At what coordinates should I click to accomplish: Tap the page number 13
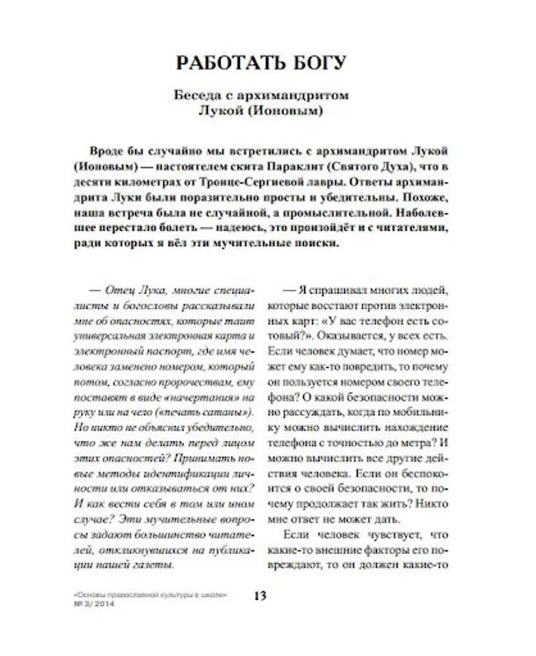260,596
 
